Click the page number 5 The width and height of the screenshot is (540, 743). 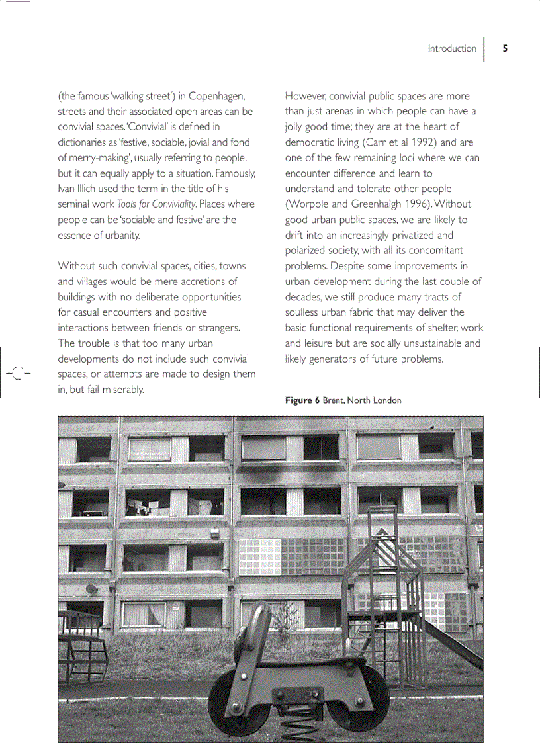coord(505,48)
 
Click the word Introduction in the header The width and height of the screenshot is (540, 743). coord(452,48)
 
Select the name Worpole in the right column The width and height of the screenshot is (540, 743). coord(311,204)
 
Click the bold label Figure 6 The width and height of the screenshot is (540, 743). coord(302,400)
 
